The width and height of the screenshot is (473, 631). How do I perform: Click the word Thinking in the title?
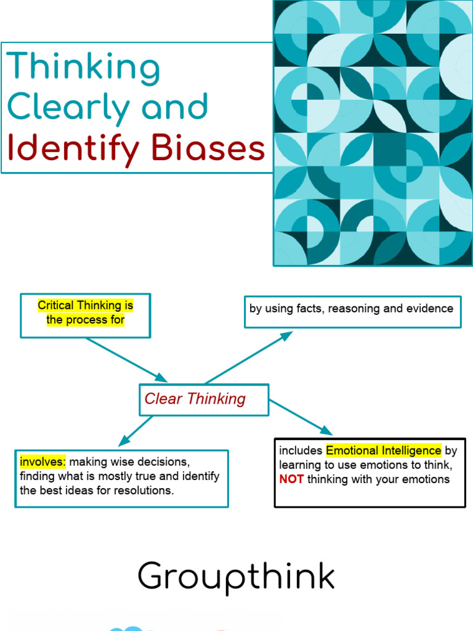[x=83, y=68]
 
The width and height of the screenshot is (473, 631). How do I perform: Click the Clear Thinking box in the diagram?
[x=204, y=399]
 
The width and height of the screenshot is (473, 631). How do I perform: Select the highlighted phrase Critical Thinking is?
[x=85, y=306]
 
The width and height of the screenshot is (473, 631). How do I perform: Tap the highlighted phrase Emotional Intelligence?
[x=383, y=450]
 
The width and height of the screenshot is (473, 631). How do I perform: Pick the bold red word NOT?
[x=291, y=479]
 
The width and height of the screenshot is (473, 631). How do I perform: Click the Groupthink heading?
[x=236, y=577]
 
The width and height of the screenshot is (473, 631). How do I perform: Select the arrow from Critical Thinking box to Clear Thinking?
[x=126, y=360]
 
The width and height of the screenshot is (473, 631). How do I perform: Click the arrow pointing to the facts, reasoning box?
[x=249, y=357]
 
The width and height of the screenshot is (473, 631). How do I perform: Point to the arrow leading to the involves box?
[x=136, y=431]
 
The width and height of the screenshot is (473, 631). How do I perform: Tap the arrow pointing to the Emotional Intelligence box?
[x=301, y=418]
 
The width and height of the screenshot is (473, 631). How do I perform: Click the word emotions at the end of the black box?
[x=424, y=479]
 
